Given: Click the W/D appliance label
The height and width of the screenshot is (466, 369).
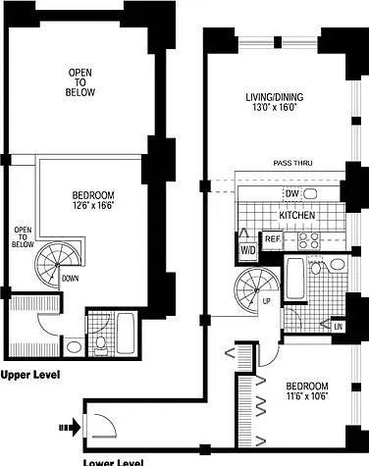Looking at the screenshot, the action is pyautogui.click(x=248, y=251).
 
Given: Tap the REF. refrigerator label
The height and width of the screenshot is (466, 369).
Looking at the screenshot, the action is pyautogui.click(x=273, y=239).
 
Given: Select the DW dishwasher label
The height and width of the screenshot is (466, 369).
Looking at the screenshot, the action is pyautogui.click(x=292, y=193).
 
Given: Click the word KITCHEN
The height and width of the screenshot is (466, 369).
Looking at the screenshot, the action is pyautogui.click(x=297, y=215).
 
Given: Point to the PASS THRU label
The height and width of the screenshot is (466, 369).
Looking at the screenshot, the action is pyautogui.click(x=292, y=163).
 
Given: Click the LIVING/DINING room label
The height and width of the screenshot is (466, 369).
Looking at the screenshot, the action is pyautogui.click(x=275, y=97).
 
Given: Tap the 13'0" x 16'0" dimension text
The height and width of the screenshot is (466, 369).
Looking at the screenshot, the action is pyautogui.click(x=274, y=107).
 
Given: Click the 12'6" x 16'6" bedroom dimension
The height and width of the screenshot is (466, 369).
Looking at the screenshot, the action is pyautogui.click(x=93, y=206).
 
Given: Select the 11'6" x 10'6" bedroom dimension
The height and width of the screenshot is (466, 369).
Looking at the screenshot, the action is pyautogui.click(x=307, y=396).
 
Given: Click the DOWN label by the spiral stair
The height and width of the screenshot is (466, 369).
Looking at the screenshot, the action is pyautogui.click(x=71, y=279).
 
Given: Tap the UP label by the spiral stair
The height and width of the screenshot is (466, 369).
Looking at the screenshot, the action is pyautogui.click(x=267, y=302).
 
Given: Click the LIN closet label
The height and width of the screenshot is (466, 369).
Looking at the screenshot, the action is pyautogui.click(x=338, y=327).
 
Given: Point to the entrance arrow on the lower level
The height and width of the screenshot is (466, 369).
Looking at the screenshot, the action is pyautogui.click(x=70, y=427).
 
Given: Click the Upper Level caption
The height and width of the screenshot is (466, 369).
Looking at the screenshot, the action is pyautogui.click(x=30, y=375).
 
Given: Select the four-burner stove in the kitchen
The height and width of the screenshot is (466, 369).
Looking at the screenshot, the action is pyautogui.click(x=308, y=240).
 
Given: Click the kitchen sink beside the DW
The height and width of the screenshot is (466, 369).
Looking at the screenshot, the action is pyautogui.click(x=310, y=194).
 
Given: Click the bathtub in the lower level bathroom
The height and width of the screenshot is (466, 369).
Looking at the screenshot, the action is pyautogui.click(x=295, y=279).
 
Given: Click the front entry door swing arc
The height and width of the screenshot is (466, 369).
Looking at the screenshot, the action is pyautogui.click(x=105, y=425).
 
